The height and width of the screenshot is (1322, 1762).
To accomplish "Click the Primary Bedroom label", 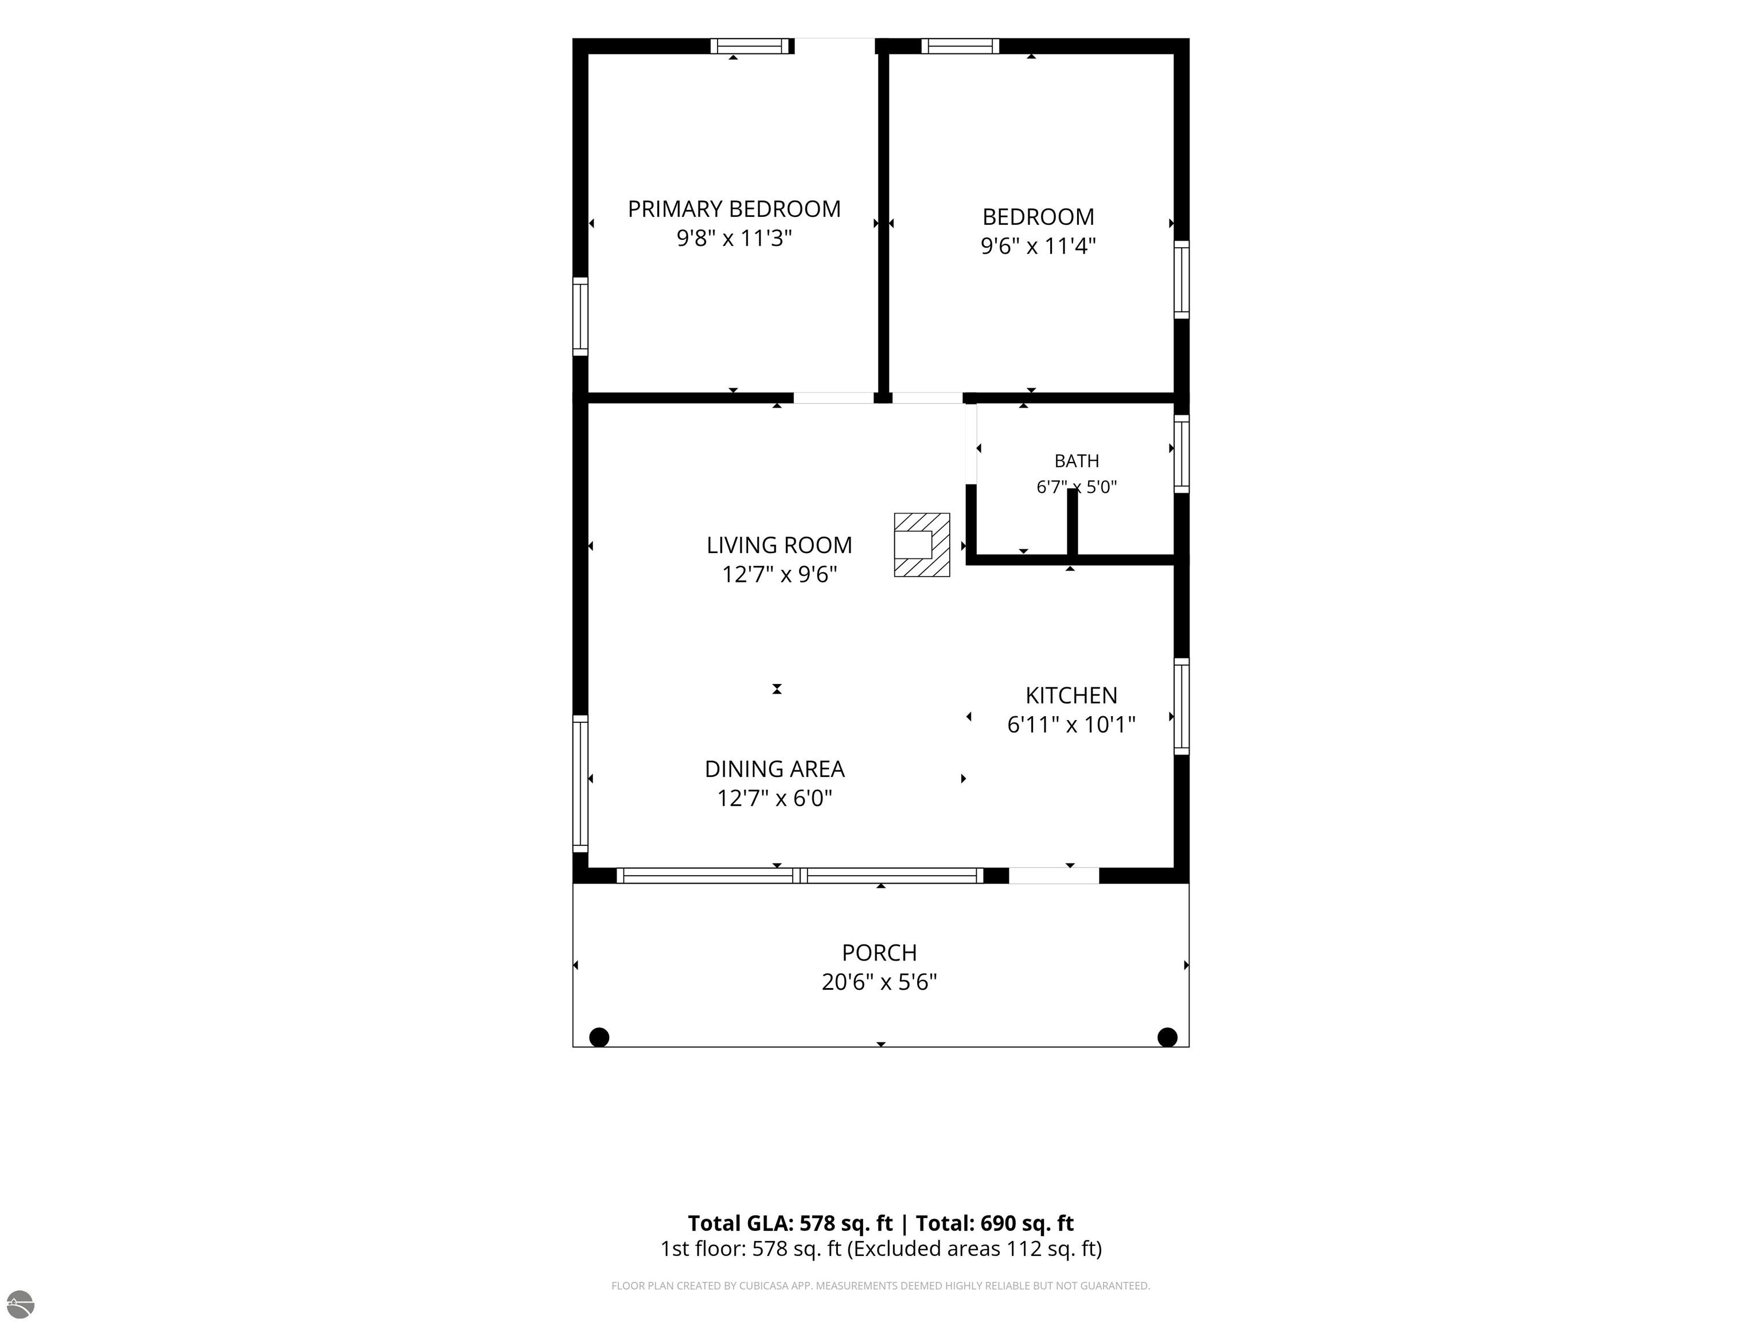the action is (734, 209).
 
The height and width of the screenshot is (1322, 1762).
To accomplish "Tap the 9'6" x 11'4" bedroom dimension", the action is (1038, 246).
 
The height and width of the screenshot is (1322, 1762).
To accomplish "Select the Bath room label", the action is (1076, 461).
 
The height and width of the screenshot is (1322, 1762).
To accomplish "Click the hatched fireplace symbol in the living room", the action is (922, 545).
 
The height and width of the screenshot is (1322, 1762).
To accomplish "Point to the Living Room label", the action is (779, 545).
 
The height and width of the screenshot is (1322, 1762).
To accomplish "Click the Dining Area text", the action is (774, 769).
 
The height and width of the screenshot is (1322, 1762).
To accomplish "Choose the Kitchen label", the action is (1071, 695).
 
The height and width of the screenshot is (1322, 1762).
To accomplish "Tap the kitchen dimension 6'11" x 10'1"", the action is (1071, 724).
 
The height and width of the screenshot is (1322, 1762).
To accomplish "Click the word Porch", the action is (879, 952).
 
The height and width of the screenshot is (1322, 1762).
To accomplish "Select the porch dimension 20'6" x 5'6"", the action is (879, 982).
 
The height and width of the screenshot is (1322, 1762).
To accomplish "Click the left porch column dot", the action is (599, 1037).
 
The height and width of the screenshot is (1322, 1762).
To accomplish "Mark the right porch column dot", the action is (1167, 1037).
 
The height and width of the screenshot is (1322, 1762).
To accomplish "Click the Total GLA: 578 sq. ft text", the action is (790, 1223).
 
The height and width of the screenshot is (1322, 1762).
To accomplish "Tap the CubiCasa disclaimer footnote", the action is (880, 1285).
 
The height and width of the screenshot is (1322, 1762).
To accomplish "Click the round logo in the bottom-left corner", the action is (20, 1304).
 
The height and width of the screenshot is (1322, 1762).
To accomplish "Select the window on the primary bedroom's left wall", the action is (580, 316).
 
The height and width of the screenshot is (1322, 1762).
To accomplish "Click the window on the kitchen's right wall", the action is (1182, 706).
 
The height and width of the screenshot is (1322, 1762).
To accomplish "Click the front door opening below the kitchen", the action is (1054, 875).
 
